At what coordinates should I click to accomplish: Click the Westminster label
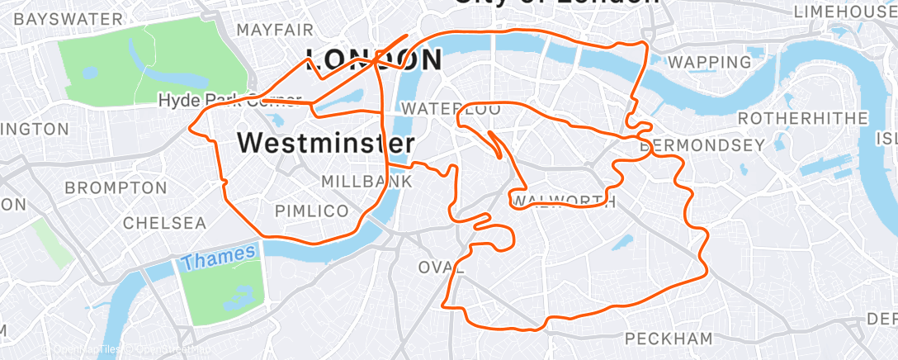coord(325,143)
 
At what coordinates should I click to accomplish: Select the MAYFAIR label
coord(275,31)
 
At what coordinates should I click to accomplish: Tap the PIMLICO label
coord(311,211)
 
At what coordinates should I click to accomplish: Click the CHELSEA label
coord(164,223)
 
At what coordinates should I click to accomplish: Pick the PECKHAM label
coord(669,339)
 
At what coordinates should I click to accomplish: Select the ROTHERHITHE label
coord(802,119)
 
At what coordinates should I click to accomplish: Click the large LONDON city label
coord(373,59)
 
